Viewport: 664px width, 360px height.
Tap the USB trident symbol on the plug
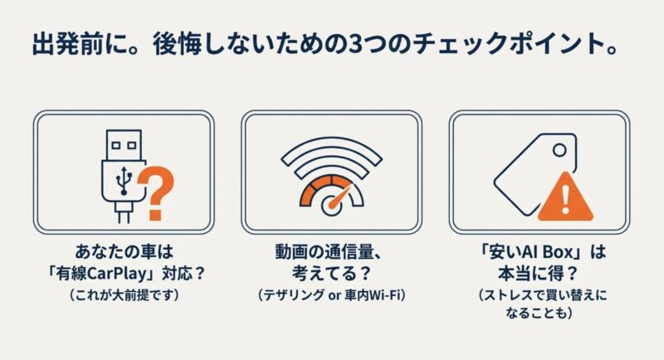click(124, 180)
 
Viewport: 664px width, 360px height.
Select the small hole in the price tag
click(559, 150)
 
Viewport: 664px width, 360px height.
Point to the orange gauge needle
click(340, 196)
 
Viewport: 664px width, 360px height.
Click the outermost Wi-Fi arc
click(331, 152)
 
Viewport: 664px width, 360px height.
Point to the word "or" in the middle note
click(335, 295)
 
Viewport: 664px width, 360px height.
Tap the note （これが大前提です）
click(124, 294)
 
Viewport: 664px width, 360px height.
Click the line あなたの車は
click(124, 252)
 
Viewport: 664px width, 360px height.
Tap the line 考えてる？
click(331, 274)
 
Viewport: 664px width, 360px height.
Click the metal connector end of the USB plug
click(124, 145)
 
